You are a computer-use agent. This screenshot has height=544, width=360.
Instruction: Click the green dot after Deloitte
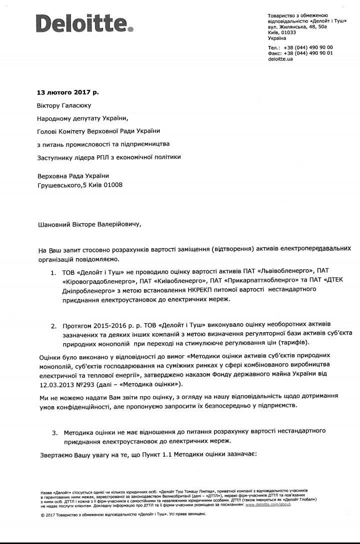(x=131, y=29)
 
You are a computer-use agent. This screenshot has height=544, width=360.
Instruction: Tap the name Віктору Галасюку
(x=64, y=105)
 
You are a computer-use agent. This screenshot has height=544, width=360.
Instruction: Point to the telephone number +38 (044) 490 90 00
(x=308, y=47)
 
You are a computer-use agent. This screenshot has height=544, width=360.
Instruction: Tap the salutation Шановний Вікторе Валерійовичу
(x=89, y=224)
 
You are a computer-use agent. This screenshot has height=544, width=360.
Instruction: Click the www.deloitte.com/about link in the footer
(x=267, y=505)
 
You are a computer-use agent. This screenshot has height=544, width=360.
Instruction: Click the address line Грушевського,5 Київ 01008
(x=79, y=185)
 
